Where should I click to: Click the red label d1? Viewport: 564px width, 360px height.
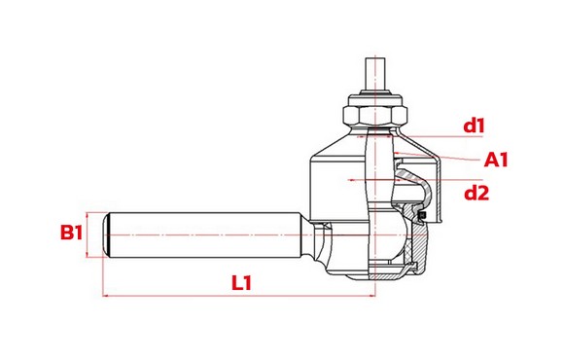click(x=475, y=126)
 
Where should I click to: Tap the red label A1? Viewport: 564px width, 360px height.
click(x=496, y=160)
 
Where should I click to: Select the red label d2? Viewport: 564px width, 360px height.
click(x=476, y=194)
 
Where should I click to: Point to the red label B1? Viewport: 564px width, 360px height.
click(x=71, y=233)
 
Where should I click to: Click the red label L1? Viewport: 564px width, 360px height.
click(x=241, y=282)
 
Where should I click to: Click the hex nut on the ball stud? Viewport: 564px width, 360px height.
click(x=375, y=115)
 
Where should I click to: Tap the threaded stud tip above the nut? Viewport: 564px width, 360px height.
click(x=375, y=75)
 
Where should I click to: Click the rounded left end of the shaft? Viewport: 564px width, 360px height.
click(x=106, y=234)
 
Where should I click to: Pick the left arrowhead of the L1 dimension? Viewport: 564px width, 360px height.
click(x=106, y=296)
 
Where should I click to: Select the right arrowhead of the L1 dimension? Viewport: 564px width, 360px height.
click(x=372, y=296)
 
